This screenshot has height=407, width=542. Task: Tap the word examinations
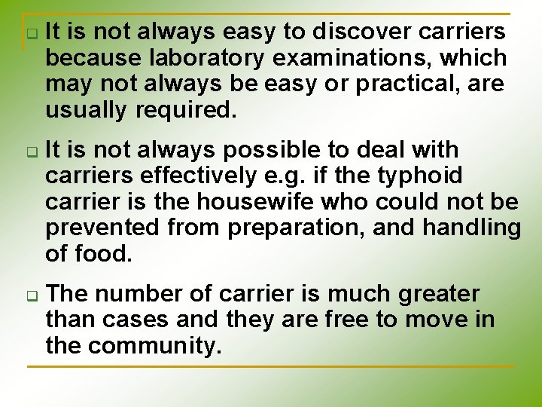[x=369, y=58]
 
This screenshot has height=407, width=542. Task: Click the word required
[x=186, y=110]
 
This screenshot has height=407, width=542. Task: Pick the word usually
[x=87, y=110]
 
